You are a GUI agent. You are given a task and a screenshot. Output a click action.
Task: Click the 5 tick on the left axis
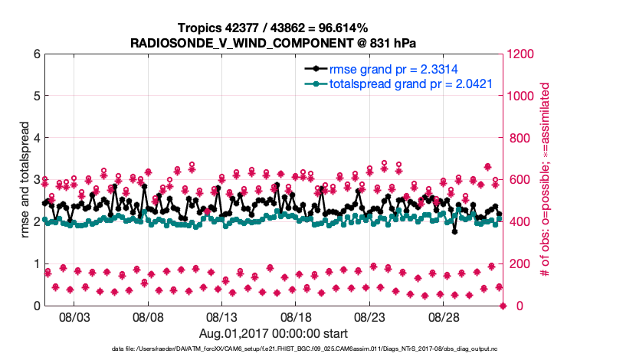(x=36, y=96)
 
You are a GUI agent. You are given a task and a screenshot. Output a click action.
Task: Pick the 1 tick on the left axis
(x=36, y=263)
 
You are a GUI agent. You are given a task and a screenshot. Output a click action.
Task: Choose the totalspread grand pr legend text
(x=411, y=83)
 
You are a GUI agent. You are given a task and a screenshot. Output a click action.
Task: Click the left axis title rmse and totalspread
(x=25, y=180)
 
